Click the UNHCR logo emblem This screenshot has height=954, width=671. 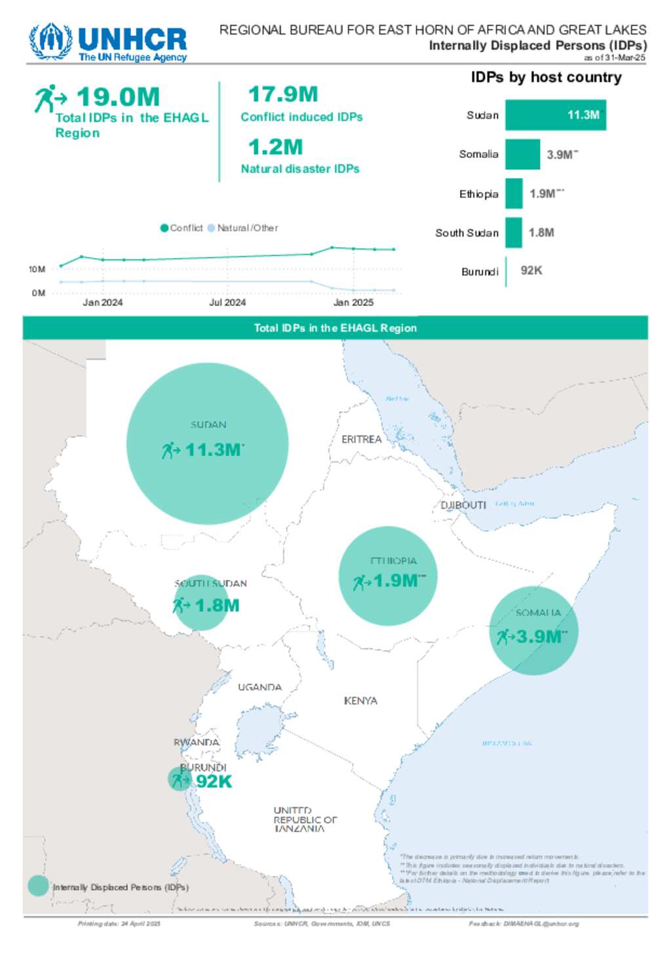tap(50, 42)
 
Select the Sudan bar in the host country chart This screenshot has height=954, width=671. tap(555, 115)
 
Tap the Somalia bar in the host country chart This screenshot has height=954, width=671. tap(522, 155)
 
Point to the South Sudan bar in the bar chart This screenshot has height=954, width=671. tap(513, 233)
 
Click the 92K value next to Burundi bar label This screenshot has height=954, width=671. tap(531, 271)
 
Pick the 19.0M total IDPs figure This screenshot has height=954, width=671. tap(118, 97)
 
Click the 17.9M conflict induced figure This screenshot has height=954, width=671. tap(283, 94)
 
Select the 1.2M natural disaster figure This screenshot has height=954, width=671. tap(275, 147)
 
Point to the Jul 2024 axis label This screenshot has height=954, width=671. tap(227, 303)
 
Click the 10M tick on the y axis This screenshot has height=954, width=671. tap(37, 269)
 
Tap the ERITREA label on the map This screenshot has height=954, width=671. tap(361, 439)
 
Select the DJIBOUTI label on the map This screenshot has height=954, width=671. tap(463, 505)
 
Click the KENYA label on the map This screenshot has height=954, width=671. tap(360, 700)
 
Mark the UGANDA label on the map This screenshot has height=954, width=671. tap(259, 687)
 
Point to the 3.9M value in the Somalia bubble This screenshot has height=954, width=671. tap(538, 636)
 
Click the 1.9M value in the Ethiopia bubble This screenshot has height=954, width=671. tap(395, 581)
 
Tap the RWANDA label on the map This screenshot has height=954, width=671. tap(196, 742)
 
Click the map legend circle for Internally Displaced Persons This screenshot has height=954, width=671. tap(38, 887)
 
